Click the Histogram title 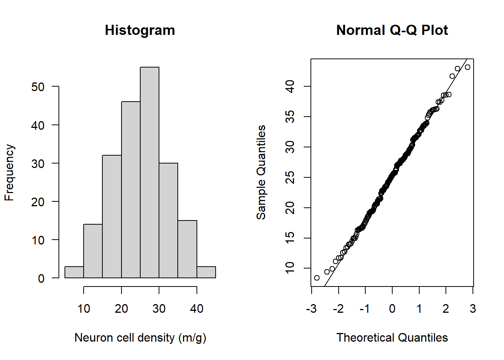tap(140, 30)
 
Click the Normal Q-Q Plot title tap(392, 30)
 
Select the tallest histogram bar tap(150, 172)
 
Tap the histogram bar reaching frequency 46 tap(131, 190)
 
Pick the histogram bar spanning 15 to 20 tap(112, 216)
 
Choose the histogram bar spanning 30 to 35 tap(168, 220)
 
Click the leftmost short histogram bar tap(74, 272)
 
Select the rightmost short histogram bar tap(206, 272)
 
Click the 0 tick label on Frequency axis tap(41, 279)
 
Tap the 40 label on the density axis tap(196, 309)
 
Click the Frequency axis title tap(9, 172)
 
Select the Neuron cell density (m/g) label tap(140, 337)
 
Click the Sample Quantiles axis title tap(261, 172)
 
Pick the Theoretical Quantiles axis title tap(392, 337)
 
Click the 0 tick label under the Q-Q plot tap(392, 309)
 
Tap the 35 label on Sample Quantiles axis tap(290, 117)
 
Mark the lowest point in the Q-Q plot tap(317, 278)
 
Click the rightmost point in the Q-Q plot tap(467, 67)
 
